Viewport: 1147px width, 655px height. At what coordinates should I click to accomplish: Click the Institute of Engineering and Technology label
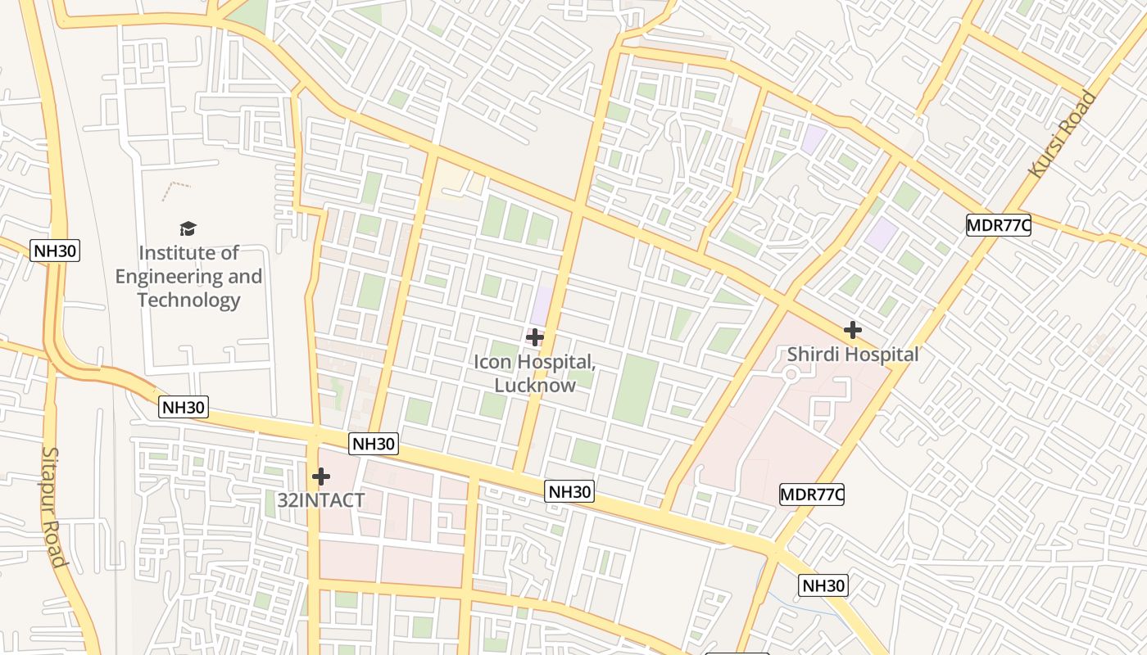pyautogui.click(x=188, y=276)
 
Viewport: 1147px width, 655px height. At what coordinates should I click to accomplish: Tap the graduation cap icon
pyautogui.click(x=188, y=228)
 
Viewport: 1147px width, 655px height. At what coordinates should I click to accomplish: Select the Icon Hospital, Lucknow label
pyautogui.click(x=535, y=373)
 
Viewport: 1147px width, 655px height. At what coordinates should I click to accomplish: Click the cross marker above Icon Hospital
pyautogui.click(x=535, y=337)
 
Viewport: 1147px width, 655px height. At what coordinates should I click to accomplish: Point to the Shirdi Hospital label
pyautogui.click(x=853, y=355)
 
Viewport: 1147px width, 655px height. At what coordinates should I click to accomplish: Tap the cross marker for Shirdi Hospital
pyautogui.click(x=853, y=330)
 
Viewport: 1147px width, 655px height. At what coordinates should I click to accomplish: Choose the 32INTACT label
pyautogui.click(x=320, y=500)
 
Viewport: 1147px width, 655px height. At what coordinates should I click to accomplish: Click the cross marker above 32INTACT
pyautogui.click(x=321, y=476)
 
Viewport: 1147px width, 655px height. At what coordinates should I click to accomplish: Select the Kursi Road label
pyautogui.click(x=1063, y=134)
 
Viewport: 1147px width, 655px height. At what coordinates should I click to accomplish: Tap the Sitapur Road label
pyautogui.click(x=52, y=507)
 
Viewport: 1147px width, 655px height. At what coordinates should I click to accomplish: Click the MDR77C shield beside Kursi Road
pyautogui.click(x=998, y=225)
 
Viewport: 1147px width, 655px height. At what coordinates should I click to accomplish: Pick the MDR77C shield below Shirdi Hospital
pyautogui.click(x=811, y=494)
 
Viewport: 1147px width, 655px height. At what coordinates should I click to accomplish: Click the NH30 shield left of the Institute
pyautogui.click(x=55, y=251)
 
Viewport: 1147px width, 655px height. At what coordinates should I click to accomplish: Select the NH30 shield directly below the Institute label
pyautogui.click(x=184, y=407)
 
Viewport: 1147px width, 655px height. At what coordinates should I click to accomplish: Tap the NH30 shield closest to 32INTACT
pyautogui.click(x=374, y=444)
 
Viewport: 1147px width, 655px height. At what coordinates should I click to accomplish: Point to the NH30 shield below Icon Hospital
pyautogui.click(x=569, y=491)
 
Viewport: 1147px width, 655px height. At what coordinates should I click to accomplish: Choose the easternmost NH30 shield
pyautogui.click(x=823, y=585)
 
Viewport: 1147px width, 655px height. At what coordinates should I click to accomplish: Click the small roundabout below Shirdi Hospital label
pyautogui.click(x=791, y=374)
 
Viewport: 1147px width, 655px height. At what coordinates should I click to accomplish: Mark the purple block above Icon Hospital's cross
pyautogui.click(x=541, y=305)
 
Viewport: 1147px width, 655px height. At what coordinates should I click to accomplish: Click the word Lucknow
pyautogui.click(x=535, y=384)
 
